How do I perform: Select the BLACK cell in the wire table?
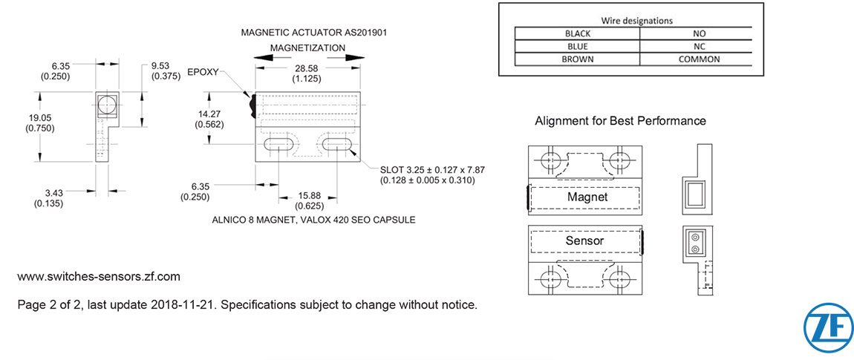pyautogui.click(x=577, y=33)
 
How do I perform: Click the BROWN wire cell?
pyautogui.click(x=577, y=59)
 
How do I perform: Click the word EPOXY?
pyautogui.click(x=203, y=73)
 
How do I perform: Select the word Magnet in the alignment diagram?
pyautogui.click(x=587, y=197)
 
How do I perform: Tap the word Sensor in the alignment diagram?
pyautogui.click(x=584, y=240)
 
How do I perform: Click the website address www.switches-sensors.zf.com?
pyautogui.click(x=99, y=277)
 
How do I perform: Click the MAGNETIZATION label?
pyautogui.click(x=307, y=48)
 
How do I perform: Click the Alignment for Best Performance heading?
pyautogui.click(x=620, y=120)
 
